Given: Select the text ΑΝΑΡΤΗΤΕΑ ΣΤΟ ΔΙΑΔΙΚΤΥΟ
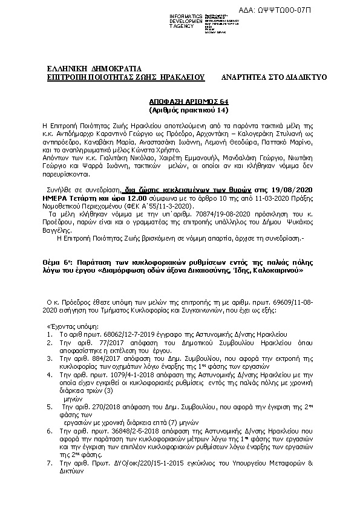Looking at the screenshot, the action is tap(274, 78).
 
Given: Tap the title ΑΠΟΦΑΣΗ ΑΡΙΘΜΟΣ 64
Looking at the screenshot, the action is tap(181, 103).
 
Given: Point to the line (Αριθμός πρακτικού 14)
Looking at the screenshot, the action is tap(181, 111).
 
